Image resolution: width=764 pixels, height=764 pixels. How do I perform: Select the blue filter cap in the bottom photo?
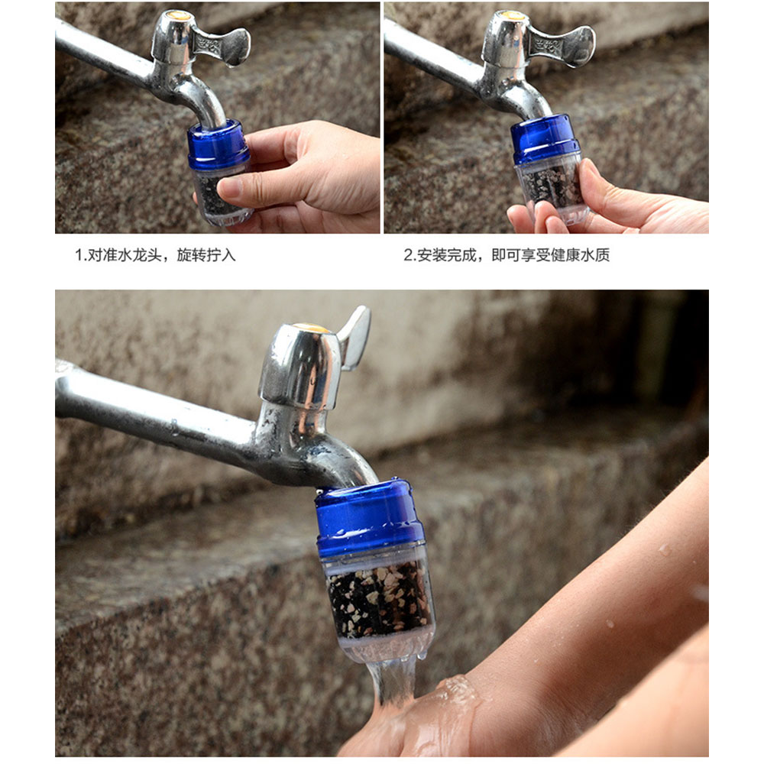coord(371,516)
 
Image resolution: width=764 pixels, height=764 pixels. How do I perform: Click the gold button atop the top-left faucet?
coord(177,15)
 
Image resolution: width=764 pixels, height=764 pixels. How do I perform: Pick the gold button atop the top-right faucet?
coord(513,15)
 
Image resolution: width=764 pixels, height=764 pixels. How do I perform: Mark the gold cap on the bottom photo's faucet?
coord(312,328)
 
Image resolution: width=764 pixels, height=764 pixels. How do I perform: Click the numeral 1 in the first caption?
coord(77,255)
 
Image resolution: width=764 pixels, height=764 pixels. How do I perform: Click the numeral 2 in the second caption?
coord(408,255)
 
